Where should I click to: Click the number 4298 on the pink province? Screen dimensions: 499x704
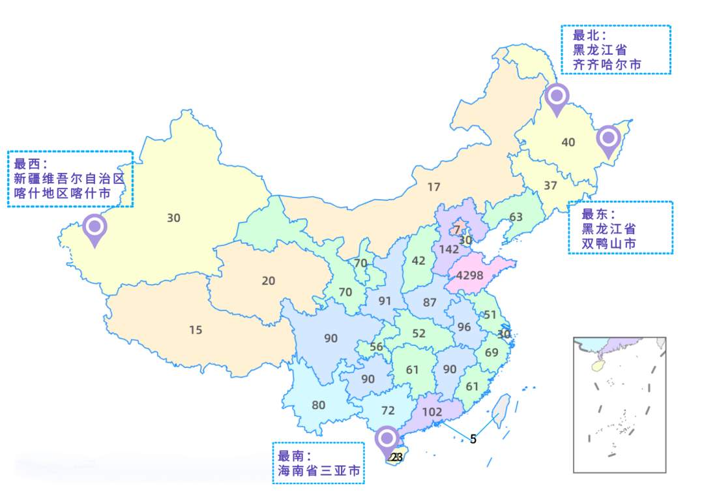(469, 275)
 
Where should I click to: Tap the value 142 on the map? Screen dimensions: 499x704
(449, 249)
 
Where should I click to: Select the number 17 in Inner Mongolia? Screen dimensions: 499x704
(434, 187)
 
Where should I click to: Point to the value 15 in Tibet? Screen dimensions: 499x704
(196, 330)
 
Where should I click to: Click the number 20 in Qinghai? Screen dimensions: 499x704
(269, 281)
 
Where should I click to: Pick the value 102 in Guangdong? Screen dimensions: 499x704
(432, 412)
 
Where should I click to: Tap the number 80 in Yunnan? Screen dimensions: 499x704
(318, 405)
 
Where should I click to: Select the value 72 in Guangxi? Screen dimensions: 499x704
(388, 410)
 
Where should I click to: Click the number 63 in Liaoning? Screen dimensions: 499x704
(516, 217)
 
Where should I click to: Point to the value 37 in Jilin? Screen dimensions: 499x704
(550, 185)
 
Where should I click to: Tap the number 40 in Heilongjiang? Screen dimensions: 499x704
(568, 142)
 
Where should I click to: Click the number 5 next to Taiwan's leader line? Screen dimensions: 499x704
(473, 439)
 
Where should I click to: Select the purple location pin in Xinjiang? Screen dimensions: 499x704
(95, 228)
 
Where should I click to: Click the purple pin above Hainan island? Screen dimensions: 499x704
(387, 440)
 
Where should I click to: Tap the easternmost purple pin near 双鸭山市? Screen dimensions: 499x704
(609, 140)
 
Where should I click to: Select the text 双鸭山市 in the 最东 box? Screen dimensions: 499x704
(609, 244)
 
